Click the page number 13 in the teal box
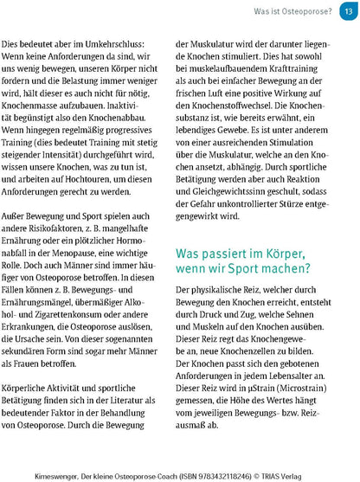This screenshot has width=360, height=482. point(347,10)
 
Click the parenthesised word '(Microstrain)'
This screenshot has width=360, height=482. point(307,384)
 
